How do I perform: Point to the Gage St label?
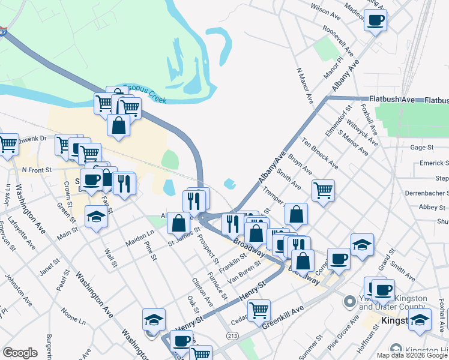point(421,147)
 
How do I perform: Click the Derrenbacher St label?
point(423,193)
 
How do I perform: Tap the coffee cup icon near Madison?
point(376,20)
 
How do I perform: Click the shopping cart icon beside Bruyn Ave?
point(323,190)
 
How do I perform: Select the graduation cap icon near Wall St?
point(96,216)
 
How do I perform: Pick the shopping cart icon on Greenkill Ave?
point(259,310)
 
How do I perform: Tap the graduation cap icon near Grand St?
point(362,244)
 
